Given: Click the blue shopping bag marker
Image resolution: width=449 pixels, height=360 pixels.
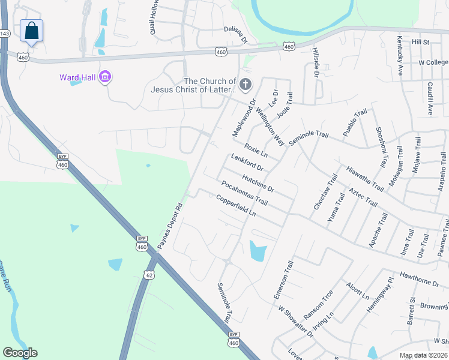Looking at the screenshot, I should (x=31, y=31).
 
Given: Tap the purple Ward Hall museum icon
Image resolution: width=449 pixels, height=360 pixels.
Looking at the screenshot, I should (x=106, y=77).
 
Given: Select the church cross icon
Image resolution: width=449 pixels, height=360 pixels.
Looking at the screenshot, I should (x=245, y=85).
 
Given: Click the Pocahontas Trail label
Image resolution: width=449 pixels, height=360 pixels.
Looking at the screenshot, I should (x=244, y=192).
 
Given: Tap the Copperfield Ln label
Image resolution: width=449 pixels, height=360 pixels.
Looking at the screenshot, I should (x=236, y=206).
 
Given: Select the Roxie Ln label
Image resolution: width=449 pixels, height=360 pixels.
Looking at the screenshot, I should (x=256, y=151).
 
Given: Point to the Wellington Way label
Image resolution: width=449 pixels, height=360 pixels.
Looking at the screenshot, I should (x=271, y=127).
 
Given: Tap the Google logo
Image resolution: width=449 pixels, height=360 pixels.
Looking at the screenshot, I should (x=20, y=353).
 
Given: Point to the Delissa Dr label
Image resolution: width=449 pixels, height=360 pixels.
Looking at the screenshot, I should (x=235, y=34).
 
